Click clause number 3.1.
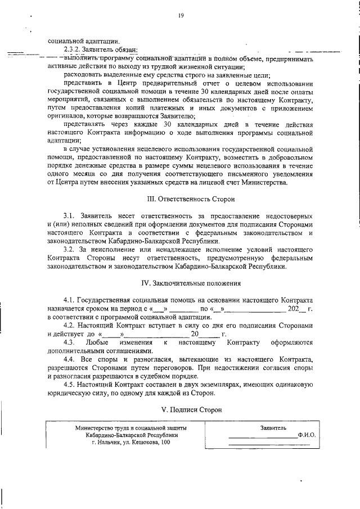click(x=69, y=217)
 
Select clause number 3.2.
click(x=69, y=249)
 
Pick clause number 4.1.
click(x=69, y=300)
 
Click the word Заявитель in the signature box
click(x=273, y=427)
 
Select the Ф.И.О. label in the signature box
click(x=307, y=435)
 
